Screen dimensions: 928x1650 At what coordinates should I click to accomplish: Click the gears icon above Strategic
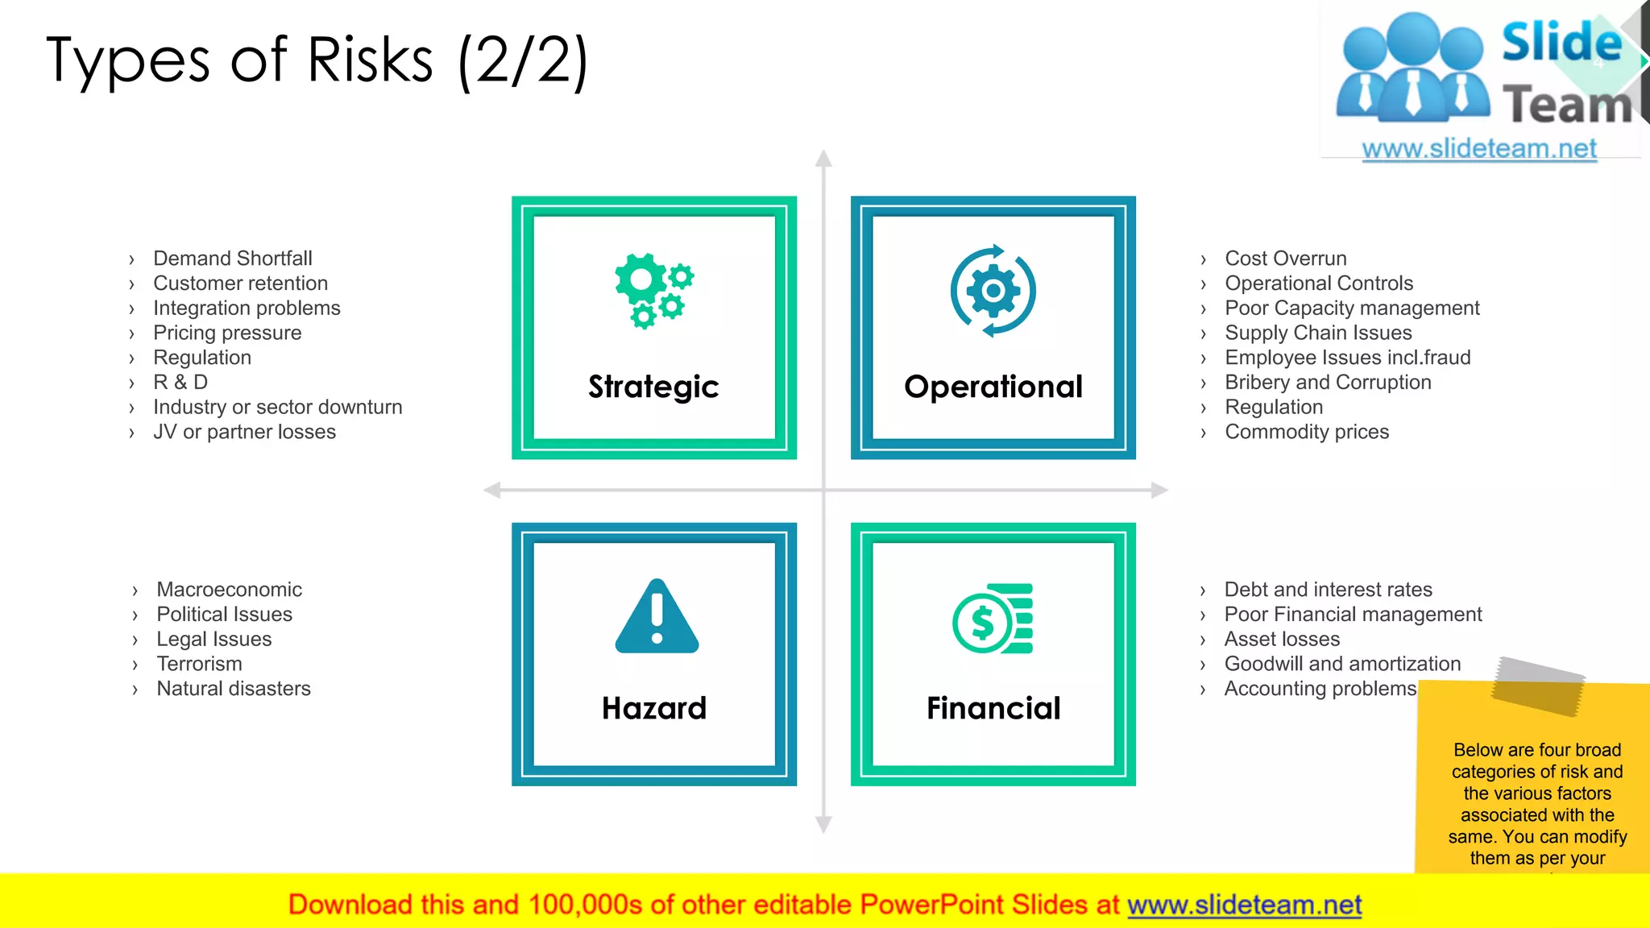click(x=653, y=291)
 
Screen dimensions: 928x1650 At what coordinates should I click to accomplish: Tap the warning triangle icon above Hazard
click(x=657, y=617)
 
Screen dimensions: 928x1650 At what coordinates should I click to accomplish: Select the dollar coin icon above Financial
click(x=993, y=619)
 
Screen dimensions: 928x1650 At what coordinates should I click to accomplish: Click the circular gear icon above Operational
click(x=993, y=291)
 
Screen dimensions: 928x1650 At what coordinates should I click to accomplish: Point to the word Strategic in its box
click(x=653, y=387)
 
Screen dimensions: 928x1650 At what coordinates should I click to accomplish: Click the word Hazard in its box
click(x=653, y=709)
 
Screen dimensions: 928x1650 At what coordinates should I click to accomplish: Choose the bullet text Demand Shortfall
click(x=233, y=259)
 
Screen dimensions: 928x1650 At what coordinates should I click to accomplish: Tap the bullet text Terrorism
click(x=199, y=664)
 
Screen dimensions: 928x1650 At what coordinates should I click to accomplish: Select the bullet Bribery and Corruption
click(x=1328, y=383)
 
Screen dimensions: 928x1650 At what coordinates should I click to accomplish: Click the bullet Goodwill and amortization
click(x=1342, y=664)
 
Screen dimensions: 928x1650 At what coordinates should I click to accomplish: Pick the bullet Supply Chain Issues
click(x=1318, y=333)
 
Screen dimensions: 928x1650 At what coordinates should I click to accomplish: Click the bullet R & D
click(x=180, y=383)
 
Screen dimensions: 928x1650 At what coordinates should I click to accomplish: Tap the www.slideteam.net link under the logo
click(x=1479, y=149)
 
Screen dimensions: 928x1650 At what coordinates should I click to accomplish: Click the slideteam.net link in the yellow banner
click(x=1244, y=905)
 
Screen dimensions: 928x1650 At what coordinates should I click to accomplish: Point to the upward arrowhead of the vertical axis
click(x=823, y=158)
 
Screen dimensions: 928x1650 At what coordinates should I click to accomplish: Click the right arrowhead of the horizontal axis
click(x=1159, y=490)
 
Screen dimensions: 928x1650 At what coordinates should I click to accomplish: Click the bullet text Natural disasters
click(x=234, y=689)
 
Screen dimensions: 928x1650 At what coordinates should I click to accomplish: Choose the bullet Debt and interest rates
click(x=1328, y=590)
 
